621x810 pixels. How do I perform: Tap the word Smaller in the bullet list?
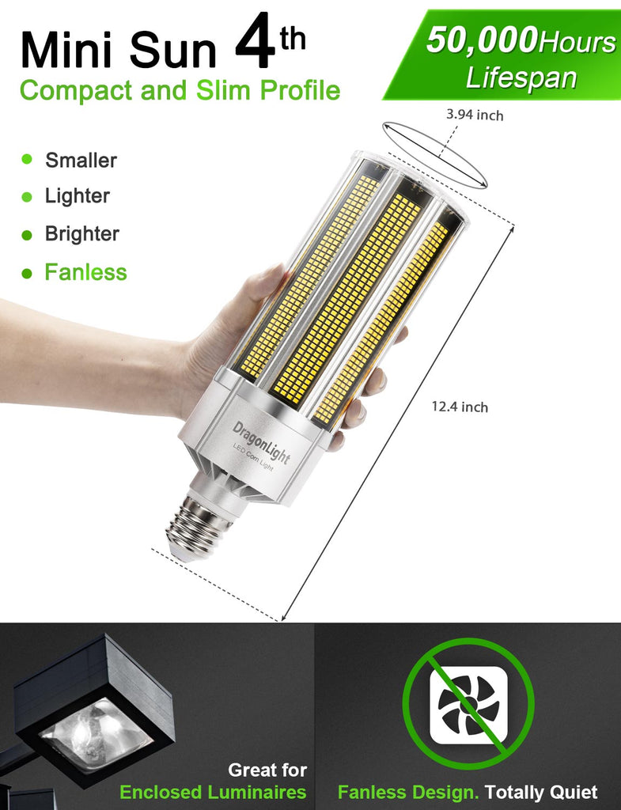(x=81, y=160)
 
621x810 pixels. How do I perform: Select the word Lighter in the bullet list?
(x=78, y=196)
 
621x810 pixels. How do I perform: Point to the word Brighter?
(x=82, y=233)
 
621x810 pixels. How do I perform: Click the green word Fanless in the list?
(x=85, y=272)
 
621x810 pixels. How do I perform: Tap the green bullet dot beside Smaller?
(x=27, y=158)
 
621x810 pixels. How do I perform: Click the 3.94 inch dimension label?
(x=475, y=114)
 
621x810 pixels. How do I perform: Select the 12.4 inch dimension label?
(x=460, y=407)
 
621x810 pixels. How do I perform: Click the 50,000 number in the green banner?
(x=482, y=40)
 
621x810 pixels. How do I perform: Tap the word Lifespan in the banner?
(x=521, y=78)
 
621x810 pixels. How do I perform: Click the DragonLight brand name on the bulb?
(x=261, y=442)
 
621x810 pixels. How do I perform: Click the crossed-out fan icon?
(x=468, y=704)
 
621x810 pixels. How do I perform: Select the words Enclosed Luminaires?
(x=213, y=792)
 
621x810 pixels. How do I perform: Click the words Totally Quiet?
(x=541, y=792)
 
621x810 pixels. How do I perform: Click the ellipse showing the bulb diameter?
(x=435, y=155)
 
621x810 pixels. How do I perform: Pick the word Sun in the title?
(x=172, y=50)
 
